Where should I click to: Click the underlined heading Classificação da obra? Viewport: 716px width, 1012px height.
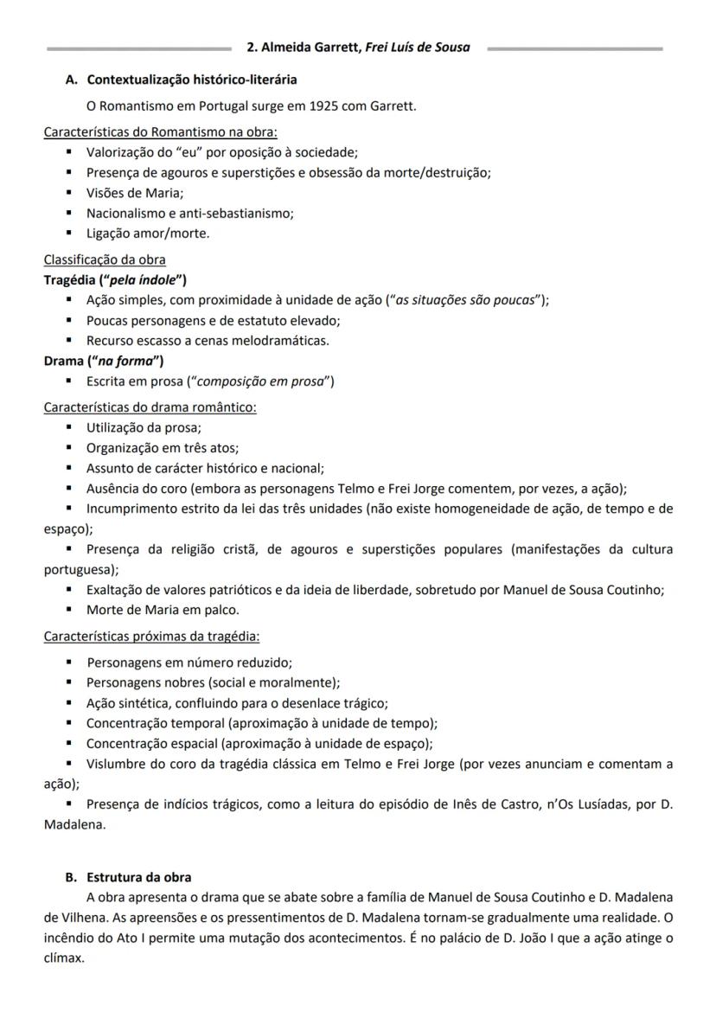tap(105, 259)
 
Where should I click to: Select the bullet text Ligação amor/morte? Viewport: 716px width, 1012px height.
tap(148, 234)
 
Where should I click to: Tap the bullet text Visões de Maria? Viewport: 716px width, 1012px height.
tap(135, 193)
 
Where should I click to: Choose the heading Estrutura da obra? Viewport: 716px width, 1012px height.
tap(139, 877)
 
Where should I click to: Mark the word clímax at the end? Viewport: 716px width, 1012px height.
tap(64, 958)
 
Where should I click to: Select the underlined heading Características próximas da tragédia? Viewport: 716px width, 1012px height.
tap(151, 636)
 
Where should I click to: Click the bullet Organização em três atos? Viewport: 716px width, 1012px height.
tap(162, 448)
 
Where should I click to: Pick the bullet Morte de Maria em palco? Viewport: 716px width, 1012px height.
tap(162, 609)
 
